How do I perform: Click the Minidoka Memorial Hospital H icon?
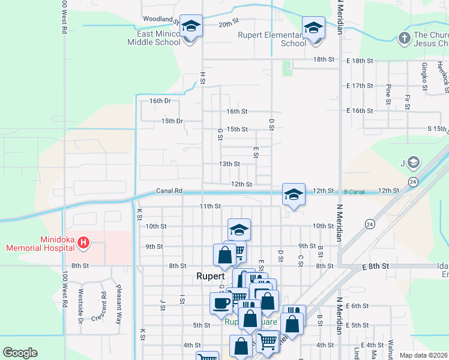coord(84,242)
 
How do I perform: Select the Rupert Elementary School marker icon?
coord(313,28)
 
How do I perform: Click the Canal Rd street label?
coord(169,191)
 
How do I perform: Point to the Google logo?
coord(20,353)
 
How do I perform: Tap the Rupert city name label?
coord(210,277)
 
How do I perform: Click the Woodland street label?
coord(158,19)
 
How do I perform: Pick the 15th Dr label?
coord(172,121)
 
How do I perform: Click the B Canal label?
coord(354,191)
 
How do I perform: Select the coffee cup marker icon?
coord(220,302)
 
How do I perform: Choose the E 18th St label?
coord(360,61)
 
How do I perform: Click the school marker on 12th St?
coord(294,194)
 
